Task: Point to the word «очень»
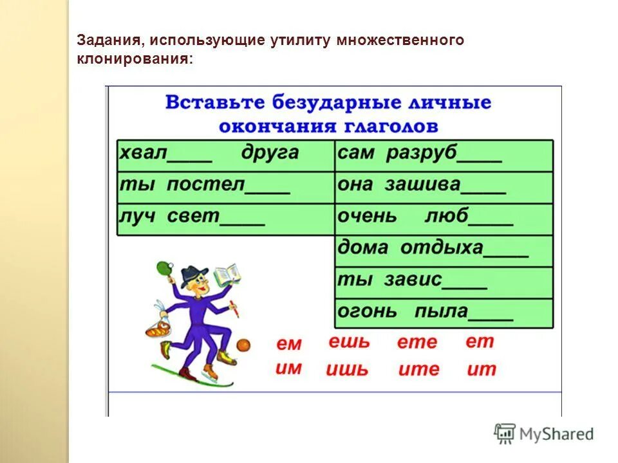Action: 367,217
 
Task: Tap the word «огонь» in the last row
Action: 367,313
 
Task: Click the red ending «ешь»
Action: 349,342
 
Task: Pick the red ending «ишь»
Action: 347,370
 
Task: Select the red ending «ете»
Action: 417,343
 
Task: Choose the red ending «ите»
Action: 418,370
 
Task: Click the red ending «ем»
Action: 289,345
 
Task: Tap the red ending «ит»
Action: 482,370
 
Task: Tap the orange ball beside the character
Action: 243,346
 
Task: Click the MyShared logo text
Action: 557,434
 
